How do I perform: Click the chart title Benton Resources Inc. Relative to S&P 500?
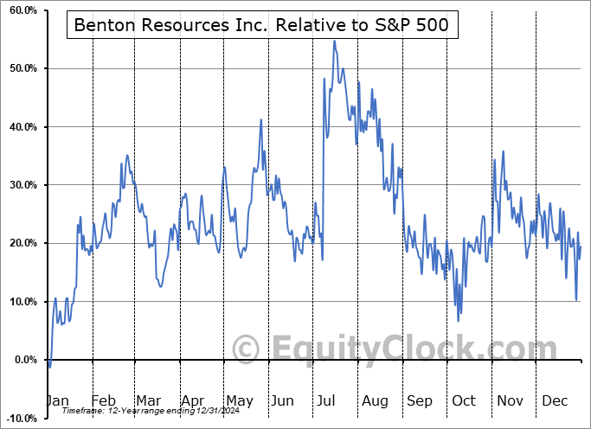pyautogui.click(x=262, y=25)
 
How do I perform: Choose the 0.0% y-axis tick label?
pyautogui.click(x=22, y=360)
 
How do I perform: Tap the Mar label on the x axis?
pyautogui.click(x=148, y=401)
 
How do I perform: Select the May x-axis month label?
pyautogui.click(x=239, y=401)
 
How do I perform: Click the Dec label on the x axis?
pyautogui.click(x=554, y=401)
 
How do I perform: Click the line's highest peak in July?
pyautogui.click(x=334, y=41)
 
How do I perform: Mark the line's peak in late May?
pyautogui.click(x=260, y=119)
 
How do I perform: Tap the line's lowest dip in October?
pyautogui.click(x=459, y=321)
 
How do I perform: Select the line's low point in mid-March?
pyautogui.click(x=161, y=286)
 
